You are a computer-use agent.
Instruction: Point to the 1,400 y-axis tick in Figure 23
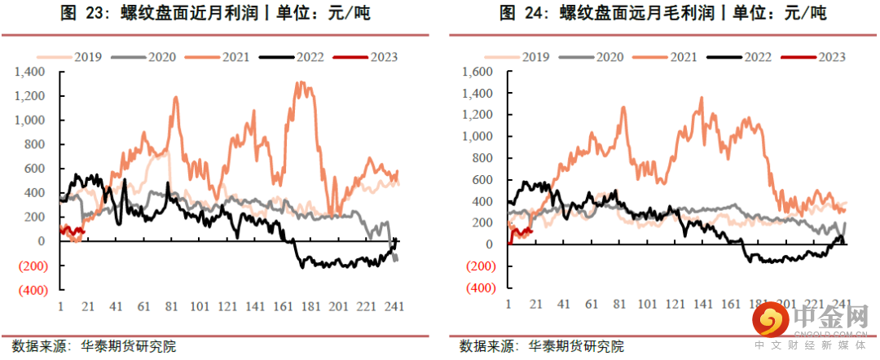[30, 72]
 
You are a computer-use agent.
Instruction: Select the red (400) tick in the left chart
[31, 289]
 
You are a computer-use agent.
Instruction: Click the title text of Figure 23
[216, 14]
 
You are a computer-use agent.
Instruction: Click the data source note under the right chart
[543, 346]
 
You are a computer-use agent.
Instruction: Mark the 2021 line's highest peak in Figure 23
[301, 82]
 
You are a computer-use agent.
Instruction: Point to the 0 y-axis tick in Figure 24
[490, 244]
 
